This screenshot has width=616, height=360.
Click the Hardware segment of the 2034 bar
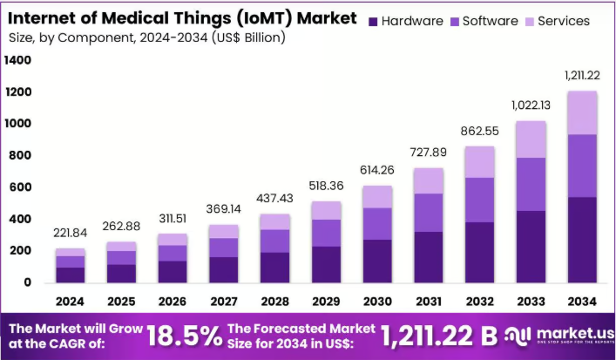tap(582, 240)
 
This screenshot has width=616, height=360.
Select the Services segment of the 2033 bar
tap(531, 139)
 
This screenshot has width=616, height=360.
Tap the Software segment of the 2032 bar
tap(480, 200)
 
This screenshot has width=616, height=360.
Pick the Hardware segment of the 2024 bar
tap(71, 275)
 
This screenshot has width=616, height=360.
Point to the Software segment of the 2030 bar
tap(377, 224)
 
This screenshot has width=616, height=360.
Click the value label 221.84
tap(71, 233)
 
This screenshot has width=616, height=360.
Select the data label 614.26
tap(377, 170)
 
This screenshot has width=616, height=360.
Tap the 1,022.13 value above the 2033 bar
tap(531, 105)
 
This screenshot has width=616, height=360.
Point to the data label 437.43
tap(275, 199)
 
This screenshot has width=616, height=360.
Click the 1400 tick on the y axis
tap(17, 60)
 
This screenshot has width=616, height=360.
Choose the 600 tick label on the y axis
tap(19, 187)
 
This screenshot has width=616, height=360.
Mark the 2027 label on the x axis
tap(224, 302)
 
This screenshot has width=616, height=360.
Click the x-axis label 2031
tap(429, 302)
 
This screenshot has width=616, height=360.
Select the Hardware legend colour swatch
tap(373, 22)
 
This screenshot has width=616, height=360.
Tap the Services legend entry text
tap(564, 21)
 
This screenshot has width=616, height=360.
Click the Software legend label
tap(491, 21)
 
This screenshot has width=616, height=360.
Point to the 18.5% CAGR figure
tap(184, 336)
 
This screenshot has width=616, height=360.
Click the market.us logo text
tap(575, 334)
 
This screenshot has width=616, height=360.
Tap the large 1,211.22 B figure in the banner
tap(439, 336)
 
